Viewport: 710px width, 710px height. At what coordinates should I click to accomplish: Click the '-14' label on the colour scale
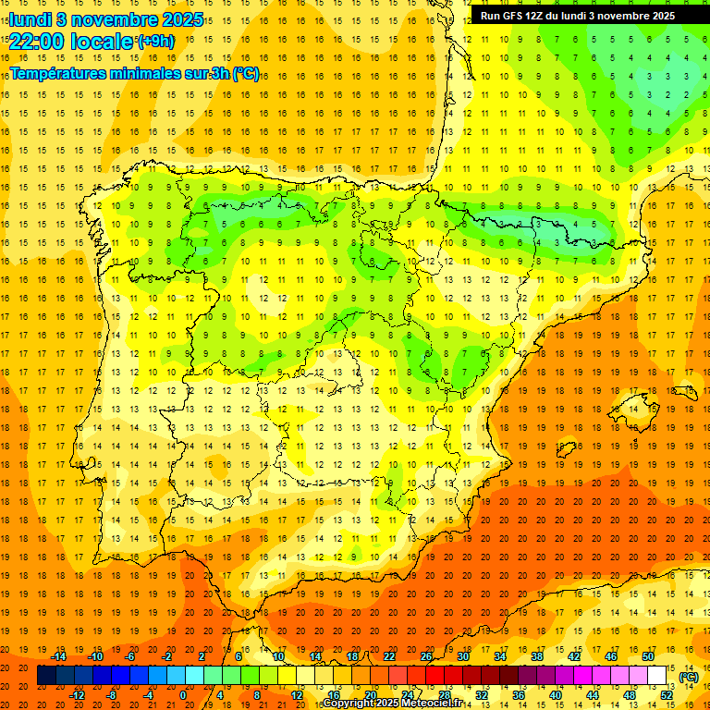(59, 656)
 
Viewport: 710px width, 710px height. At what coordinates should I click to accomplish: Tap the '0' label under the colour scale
(183, 695)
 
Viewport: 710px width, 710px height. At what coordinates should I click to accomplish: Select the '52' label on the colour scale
(667, 695)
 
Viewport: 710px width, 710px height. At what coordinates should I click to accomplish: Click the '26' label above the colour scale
(426, 656)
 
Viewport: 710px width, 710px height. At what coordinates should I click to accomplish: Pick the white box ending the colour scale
(656, 676)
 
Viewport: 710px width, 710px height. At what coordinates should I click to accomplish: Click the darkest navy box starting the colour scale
(46, 676)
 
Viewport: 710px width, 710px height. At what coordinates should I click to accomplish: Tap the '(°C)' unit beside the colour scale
(689, 677)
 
